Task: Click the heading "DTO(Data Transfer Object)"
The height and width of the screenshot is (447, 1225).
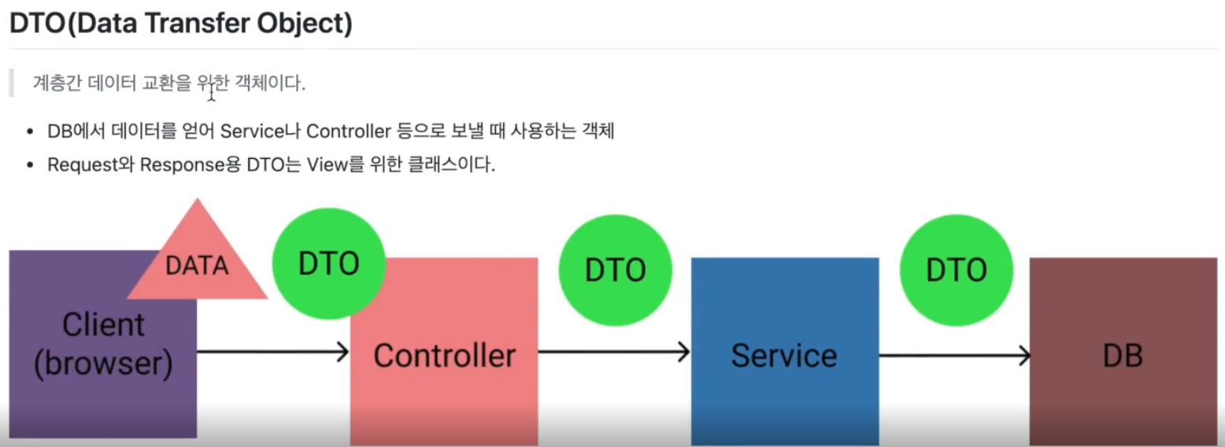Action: point(180,24)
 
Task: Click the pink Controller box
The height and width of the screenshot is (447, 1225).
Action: point(444,393)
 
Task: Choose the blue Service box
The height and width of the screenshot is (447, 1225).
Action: point(784,393)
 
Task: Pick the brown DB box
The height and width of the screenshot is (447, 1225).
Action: point(1123,393)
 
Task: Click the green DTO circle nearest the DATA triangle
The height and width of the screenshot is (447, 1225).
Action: point(328,264)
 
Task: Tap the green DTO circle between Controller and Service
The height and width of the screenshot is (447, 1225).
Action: point(615,270)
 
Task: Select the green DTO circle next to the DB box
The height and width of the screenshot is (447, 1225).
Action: point(956,270)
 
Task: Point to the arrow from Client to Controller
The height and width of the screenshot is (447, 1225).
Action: point(272,352)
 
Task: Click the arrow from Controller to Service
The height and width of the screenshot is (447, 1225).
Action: point(614,352)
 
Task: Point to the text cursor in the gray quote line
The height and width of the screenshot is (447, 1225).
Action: point(212,91)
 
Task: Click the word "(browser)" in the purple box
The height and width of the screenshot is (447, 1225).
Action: point(104,364)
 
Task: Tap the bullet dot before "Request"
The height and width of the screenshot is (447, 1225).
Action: point(30,166)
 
